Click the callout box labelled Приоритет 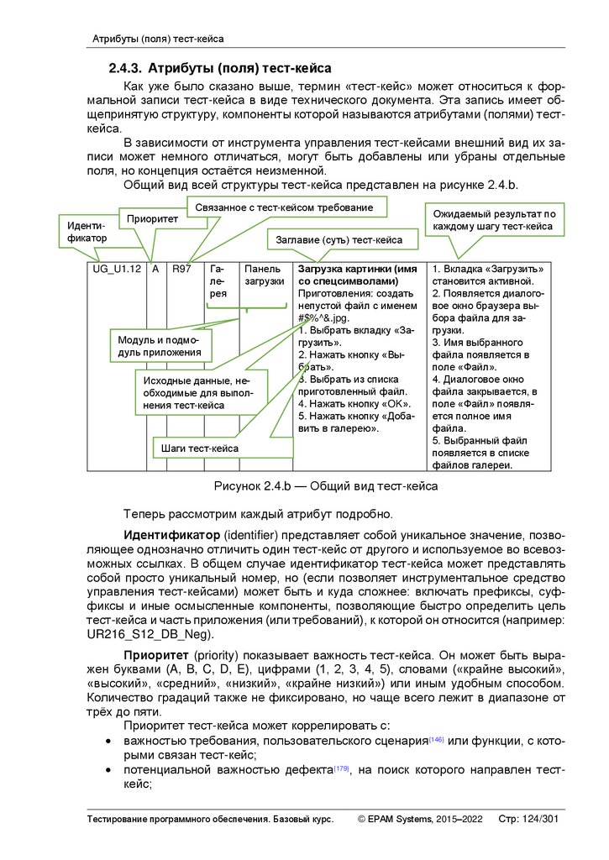(x=151, y=219)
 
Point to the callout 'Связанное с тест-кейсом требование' (x=285, y=206)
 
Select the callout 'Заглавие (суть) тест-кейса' (x=339, y=240)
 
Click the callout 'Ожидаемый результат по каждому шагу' (x=492, y=221)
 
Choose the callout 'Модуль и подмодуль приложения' (x=160, y=346)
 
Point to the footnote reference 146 (x=436, y=739)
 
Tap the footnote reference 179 (x=341, y=768)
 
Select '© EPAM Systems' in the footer (x=396, y=819)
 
